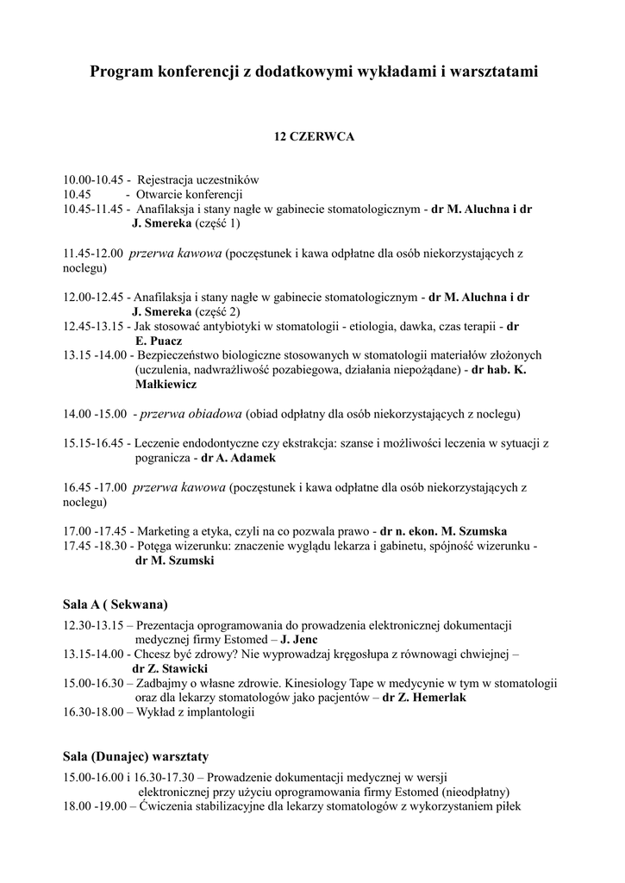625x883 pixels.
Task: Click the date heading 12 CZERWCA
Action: click(314, 136)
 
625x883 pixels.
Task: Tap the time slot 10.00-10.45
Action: click(94, 180)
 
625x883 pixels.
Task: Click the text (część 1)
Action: click(217, 223)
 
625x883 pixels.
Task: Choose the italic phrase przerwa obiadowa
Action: click(192, 414)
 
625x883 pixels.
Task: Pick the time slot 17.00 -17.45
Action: click(95, 530)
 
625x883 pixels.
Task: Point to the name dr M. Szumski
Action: click(175, 560)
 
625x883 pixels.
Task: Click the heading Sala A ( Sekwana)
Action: click(116, 604)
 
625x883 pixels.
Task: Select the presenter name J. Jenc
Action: click(305, 640)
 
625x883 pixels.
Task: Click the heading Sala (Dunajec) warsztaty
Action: click(136, 756)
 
